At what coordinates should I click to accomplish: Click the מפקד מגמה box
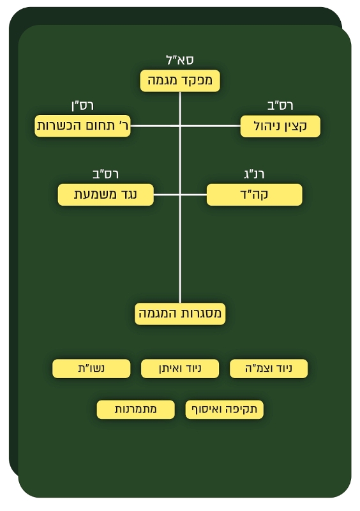click(180, 80)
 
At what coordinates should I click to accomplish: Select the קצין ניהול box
click(280, 126)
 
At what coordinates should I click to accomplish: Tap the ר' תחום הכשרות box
click(82, 126)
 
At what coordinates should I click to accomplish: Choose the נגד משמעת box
click(105, 195)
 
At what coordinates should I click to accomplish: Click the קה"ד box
click(254, 195)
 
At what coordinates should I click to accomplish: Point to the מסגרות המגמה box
click(180, 314)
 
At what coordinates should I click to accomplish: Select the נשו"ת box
click(91, 369)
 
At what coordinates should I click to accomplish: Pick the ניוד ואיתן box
click(180, 369)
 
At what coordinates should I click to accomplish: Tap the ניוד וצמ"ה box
click(269, 369)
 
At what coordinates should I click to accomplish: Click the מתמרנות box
click(135, 409)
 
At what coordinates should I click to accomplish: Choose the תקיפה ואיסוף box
click(224, 409)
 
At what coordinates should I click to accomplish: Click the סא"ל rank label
click(180, 60)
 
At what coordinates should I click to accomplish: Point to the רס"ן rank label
click(82, 105)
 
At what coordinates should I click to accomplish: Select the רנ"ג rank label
click(254, 174)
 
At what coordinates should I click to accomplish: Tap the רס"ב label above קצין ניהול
click(280, 105)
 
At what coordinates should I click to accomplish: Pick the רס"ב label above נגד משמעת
click(105, 174)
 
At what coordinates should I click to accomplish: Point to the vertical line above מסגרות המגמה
click(180, 197)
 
